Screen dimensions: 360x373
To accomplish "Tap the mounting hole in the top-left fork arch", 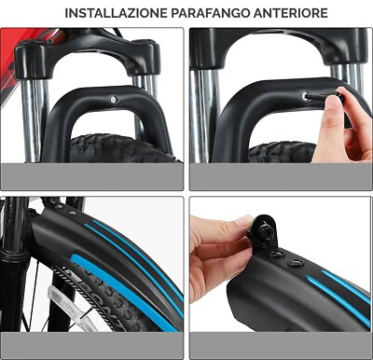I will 112,98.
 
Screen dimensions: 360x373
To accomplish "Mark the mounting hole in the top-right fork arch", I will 305,94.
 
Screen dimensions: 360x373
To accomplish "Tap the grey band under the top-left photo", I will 93,175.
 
